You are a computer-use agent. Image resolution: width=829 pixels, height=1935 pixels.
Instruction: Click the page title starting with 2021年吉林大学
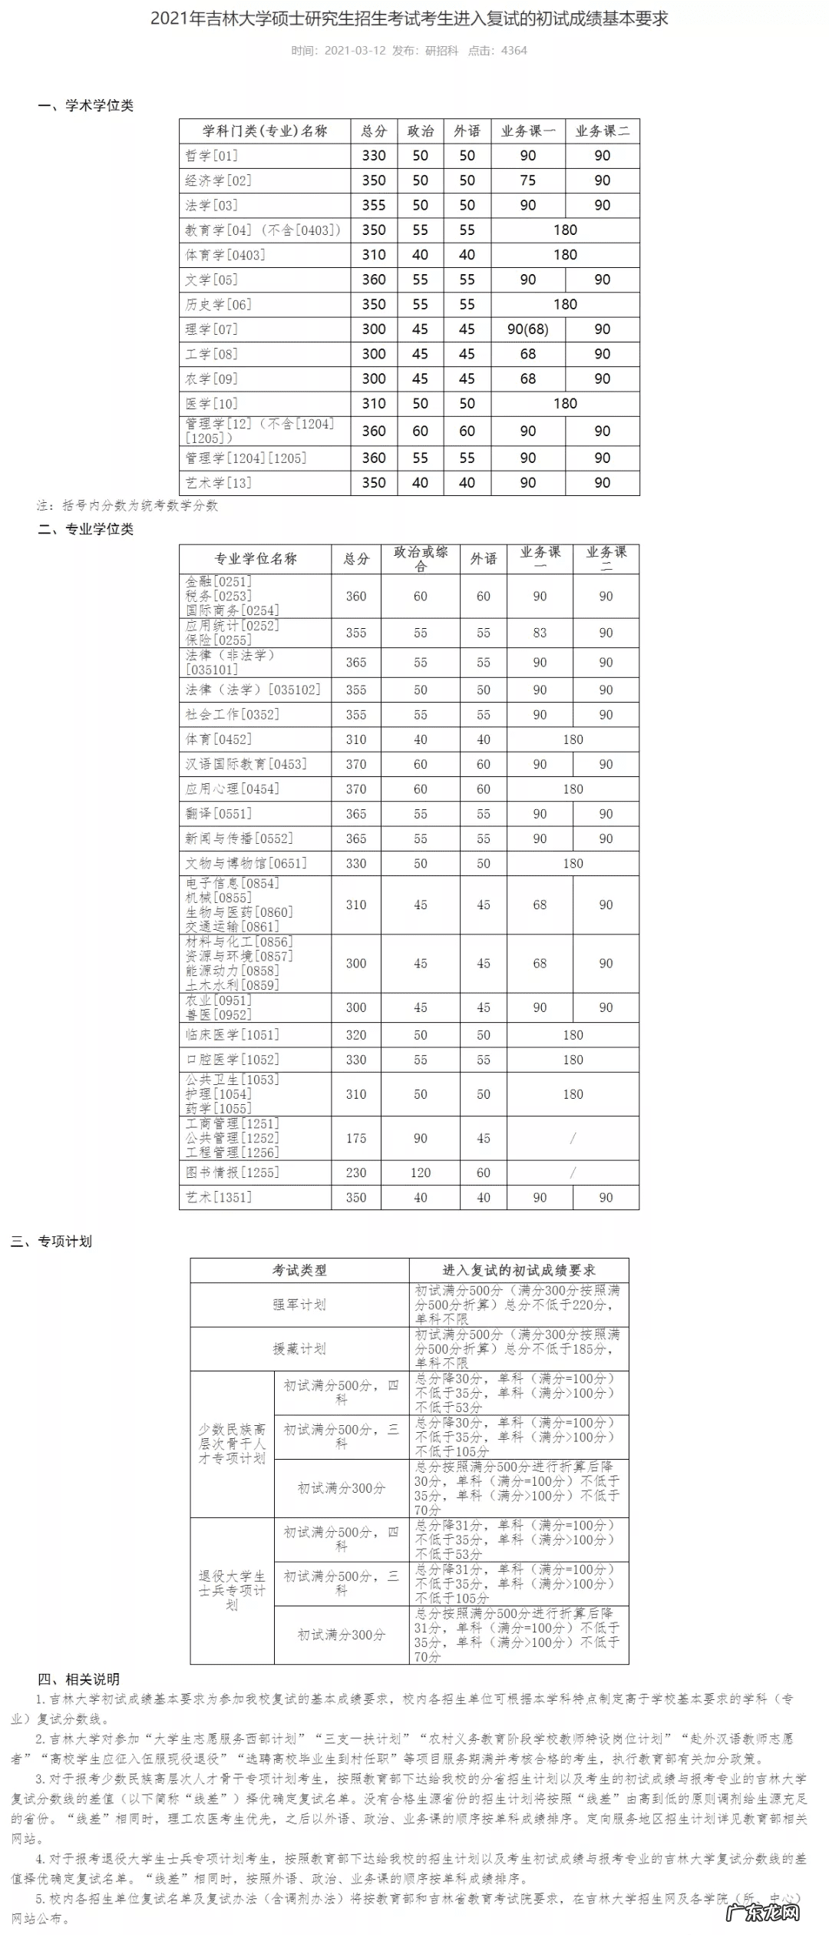409,18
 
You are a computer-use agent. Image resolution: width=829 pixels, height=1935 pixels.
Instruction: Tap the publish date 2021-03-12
355,51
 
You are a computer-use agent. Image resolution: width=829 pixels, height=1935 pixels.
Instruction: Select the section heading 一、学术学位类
86,105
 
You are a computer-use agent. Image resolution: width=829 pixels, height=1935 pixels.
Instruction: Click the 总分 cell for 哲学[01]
374,156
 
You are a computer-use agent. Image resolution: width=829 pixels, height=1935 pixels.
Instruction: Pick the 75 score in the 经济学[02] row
527,180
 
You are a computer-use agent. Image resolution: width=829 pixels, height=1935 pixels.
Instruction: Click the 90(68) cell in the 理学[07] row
527,329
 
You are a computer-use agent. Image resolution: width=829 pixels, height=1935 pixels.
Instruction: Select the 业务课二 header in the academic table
602,131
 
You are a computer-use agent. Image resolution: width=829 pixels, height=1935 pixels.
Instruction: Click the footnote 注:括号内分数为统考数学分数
127,505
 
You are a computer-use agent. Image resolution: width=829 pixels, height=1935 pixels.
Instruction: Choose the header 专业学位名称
255,559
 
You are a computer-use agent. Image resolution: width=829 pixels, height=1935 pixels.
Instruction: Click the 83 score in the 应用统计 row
540,633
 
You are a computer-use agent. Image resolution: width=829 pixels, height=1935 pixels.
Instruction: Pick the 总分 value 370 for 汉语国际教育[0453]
356,764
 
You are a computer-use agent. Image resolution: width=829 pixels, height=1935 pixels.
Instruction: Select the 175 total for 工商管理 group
356,1138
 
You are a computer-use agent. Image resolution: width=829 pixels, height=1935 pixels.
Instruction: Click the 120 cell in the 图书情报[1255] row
420,1173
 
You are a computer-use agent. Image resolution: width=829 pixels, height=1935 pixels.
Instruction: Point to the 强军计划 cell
299,1305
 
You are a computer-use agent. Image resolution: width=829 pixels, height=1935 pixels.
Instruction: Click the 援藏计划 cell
299,1348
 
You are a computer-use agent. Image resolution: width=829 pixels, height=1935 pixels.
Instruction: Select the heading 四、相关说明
78,1679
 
